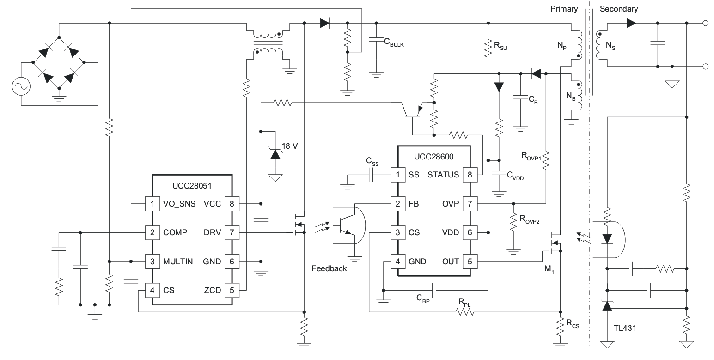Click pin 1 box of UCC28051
point(152,204)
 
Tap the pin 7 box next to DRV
point(232,232)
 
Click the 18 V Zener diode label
point(289,146)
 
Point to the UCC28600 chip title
point(434,157)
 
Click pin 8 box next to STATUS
point(470,175)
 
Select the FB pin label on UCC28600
point(414,204)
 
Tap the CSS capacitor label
point(372,161)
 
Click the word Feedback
point(329,268)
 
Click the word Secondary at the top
point(618,9)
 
